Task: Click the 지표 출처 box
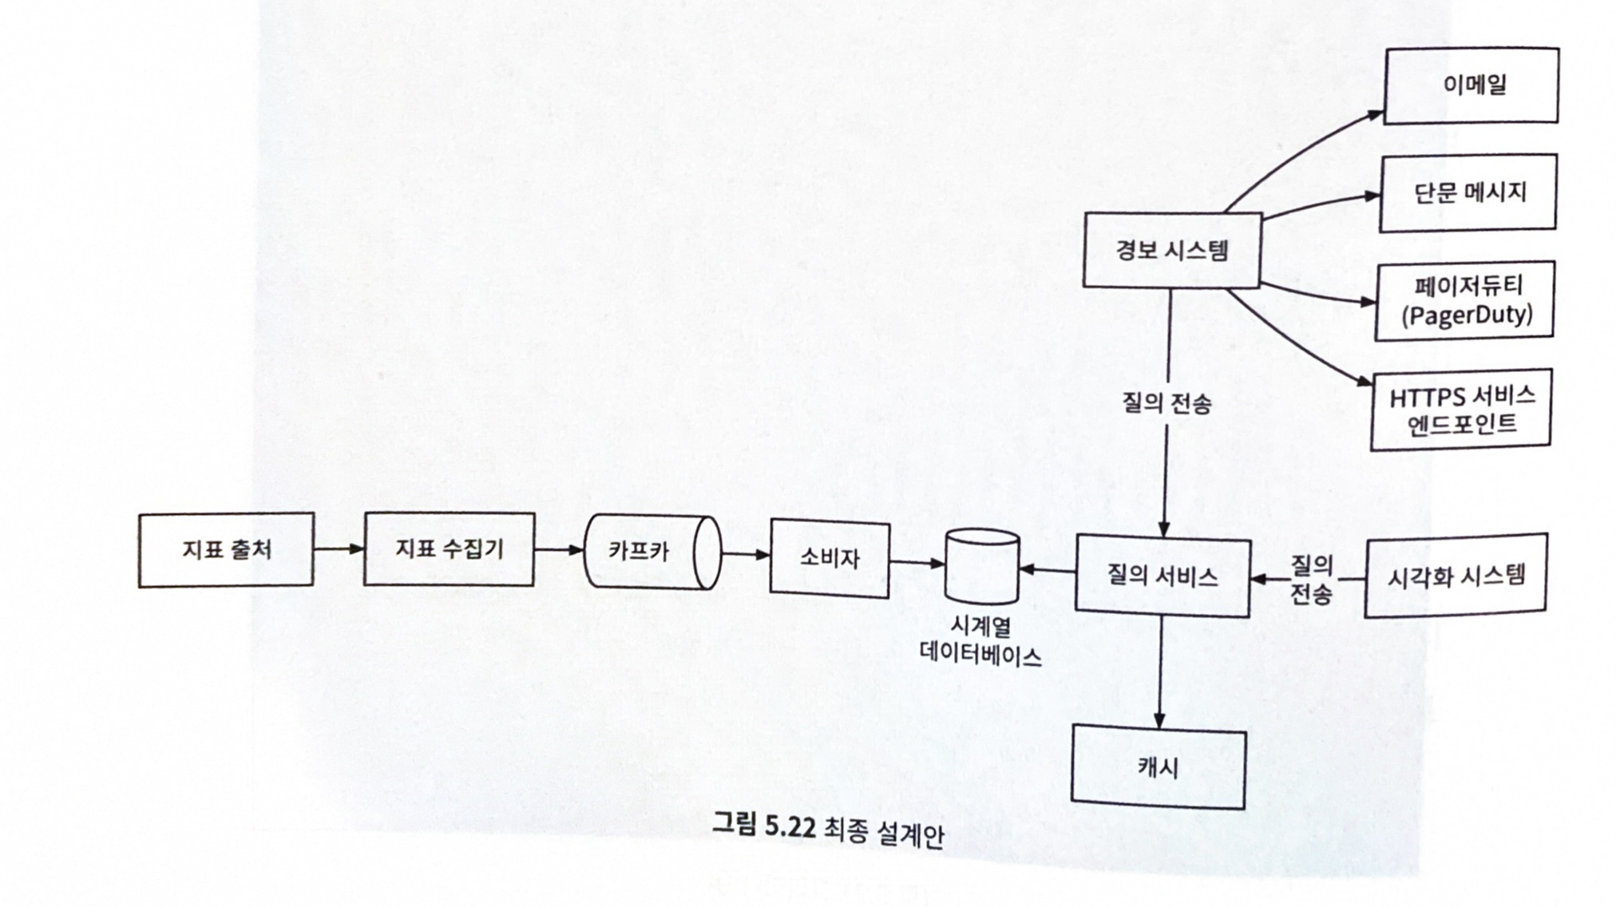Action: point(226,550)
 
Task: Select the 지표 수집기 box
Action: point(449,549)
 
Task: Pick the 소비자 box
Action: point(830,559)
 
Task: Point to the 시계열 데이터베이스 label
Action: point(981,641)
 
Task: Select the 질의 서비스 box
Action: point(1162,576)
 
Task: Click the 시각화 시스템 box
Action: point(1456,576)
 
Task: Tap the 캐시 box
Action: point(1159,767)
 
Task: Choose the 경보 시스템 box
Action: point(1172,250)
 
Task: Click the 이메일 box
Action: point(1471,85)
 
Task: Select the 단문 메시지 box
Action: point(1468,192)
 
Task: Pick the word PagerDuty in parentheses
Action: point(1467,315)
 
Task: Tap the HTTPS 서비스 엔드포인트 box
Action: point(1461,410)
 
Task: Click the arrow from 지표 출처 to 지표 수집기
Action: point(339,549)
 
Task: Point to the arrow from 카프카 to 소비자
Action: point(746,554)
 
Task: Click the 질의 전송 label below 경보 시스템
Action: point(1166,403)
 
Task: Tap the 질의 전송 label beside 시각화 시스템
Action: point(1311,580)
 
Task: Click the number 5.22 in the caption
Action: point(790,826)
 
